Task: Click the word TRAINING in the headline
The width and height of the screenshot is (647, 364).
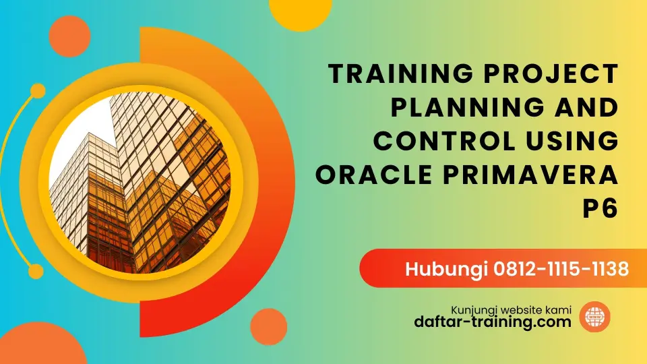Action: (400, 73)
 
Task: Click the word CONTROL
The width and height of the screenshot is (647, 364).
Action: (444, 141)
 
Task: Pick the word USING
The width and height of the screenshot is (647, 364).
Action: (572, 141)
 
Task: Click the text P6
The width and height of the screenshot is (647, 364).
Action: (600, 208)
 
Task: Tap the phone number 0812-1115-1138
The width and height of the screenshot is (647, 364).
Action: (561, 269)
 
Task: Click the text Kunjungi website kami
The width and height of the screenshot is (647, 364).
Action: (511, 310)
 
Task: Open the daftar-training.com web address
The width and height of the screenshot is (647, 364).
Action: (493, 322)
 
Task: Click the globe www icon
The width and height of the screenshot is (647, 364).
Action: (594, 317)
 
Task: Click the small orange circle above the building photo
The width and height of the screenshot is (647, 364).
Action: (69, 36)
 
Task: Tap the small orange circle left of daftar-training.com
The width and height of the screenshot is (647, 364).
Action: (269, 327)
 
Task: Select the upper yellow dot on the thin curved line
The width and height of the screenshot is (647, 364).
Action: (38, 91)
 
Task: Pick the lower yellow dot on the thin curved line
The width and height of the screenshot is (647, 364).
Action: (36, 271)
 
